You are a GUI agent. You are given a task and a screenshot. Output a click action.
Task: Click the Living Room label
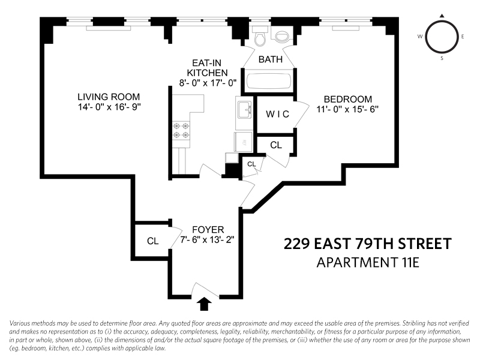point(109,97)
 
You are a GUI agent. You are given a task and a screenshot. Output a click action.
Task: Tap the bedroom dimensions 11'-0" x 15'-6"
point(347,109)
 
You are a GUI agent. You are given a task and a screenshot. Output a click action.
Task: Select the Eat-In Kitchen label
point(207,68)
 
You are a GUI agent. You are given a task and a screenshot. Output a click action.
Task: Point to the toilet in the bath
point(260,36)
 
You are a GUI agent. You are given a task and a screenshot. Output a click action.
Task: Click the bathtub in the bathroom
point(269,81)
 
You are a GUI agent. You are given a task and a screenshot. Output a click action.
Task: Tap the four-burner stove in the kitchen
point(181,131)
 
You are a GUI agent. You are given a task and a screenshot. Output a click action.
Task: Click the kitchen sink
point(245,110)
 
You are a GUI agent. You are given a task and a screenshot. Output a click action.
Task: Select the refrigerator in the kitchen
point(244,142)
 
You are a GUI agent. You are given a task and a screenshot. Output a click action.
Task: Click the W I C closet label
point(277,114)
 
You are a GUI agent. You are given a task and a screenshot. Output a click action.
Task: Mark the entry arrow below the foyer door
point(204,304)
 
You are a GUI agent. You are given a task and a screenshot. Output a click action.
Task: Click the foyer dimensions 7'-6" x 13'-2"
point(207,239)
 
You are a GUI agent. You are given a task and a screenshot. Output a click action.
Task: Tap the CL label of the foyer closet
point(153,241)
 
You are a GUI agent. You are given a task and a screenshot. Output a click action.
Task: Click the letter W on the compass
point(420,37)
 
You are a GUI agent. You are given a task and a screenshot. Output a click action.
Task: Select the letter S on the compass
point(442,58)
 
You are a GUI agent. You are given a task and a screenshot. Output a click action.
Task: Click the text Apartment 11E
point(368,263)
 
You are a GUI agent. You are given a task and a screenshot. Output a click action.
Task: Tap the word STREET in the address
point(425,244)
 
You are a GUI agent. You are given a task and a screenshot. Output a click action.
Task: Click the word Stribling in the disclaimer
point(414,323)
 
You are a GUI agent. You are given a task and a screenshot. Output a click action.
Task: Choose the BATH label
point(271,59)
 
